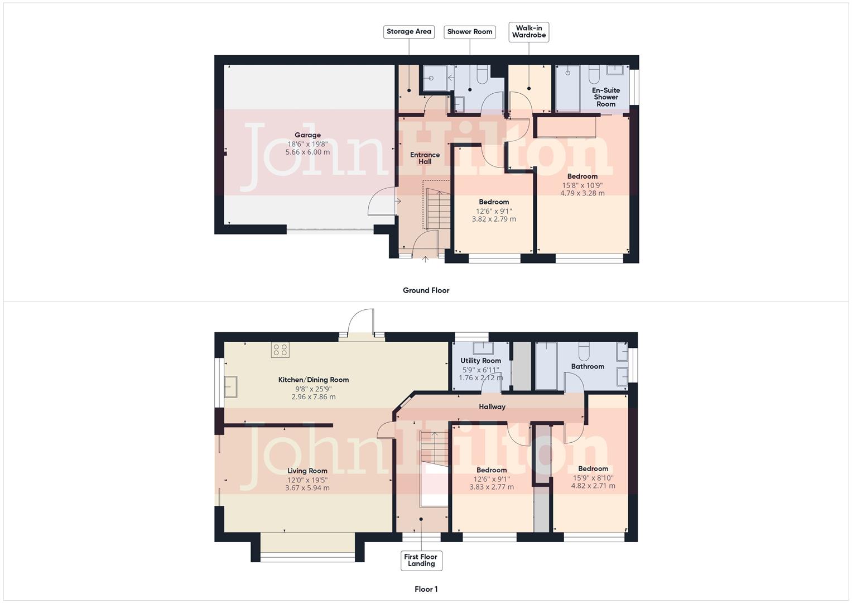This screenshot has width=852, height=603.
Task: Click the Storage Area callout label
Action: pos(408,32)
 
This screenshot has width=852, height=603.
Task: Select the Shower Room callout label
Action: pos(469,32)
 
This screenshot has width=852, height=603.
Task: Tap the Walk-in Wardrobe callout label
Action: pos(528,32)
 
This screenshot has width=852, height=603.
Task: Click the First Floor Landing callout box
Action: pos(421,560)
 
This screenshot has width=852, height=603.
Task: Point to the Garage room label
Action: pos(307,135)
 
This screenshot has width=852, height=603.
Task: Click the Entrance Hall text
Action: pos(425,159)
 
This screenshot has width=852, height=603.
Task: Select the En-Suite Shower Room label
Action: pos(605,97)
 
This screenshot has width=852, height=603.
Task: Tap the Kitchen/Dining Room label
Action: pos(313,380)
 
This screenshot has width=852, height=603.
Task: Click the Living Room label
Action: pos(307,471)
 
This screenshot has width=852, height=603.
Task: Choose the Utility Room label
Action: pos(480,361)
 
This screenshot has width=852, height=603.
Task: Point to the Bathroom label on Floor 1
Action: pos(587,366)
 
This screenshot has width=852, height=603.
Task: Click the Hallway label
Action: pos(492,407)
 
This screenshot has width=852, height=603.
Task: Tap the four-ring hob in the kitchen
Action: pos(280,350)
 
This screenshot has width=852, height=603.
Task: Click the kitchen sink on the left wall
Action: pos(230,386)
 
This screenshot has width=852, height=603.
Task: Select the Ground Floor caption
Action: pos(426,290)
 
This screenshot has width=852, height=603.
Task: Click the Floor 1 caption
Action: pos(426,589)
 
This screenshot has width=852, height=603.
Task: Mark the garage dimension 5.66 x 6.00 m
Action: pos(307,152)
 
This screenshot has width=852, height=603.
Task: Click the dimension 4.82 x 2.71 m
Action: pos(593,486)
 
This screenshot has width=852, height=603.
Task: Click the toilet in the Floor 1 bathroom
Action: pos(584,350)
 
